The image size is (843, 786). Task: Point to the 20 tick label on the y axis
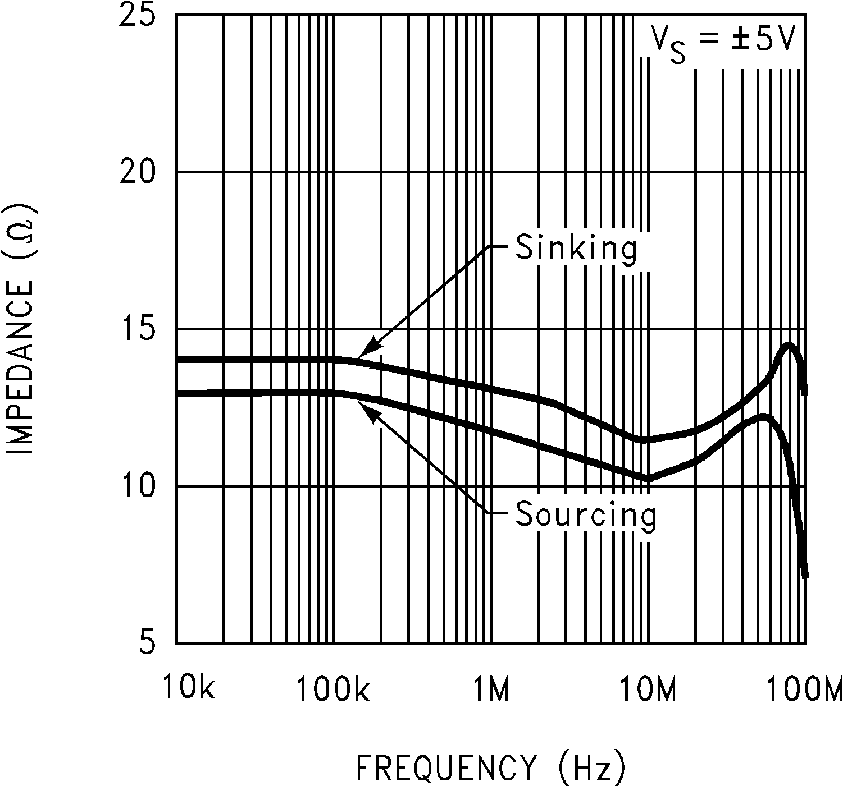click(137, 172)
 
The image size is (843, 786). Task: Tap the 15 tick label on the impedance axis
click(137, 329)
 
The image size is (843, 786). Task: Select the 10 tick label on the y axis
click(137, 486)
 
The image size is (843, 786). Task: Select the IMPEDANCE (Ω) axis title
click(22, 330)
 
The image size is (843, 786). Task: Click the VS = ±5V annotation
click(724, 42)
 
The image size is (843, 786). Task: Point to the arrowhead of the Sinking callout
click(359, 356)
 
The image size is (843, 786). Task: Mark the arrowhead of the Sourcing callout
click(359, 401)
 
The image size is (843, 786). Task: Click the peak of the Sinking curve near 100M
click(789, 346)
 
